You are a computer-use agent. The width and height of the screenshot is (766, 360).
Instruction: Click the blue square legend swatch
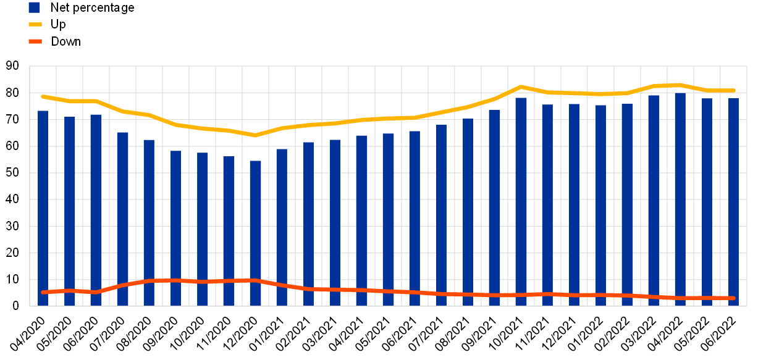click(34, 7)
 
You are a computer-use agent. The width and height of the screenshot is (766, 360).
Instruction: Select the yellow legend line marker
click(35, 24)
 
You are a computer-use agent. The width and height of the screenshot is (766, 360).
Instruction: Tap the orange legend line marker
click(35, 41)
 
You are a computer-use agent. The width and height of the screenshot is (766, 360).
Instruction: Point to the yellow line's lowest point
click(255, 135)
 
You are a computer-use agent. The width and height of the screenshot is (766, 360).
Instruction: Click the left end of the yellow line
click(43, 96)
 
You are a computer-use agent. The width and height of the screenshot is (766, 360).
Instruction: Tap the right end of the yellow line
click(733, 91)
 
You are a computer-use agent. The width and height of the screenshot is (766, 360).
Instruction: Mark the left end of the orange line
click(43, 292)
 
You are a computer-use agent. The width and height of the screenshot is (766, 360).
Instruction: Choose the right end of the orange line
click(733, 298)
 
